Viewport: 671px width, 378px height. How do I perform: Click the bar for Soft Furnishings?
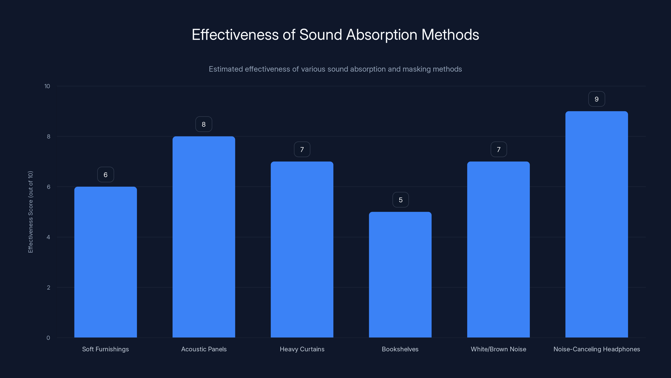tap(105, 262)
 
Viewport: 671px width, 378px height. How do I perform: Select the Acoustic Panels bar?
tap(204, 237)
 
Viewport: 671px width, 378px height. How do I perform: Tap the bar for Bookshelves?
tap(400, 275)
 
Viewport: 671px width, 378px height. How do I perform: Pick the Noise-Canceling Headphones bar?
tap(597, 224)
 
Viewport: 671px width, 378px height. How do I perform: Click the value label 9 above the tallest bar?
tap(597, 99)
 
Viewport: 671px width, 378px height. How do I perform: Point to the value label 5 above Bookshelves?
tap(401, 200)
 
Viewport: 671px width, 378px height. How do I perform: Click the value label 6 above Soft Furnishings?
tap(105, 175)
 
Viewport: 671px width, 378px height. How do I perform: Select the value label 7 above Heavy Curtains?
tap(302, 150)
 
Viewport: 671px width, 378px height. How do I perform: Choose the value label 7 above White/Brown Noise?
tap(499, 150)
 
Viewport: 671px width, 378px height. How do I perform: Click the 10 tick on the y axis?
tap(47, 86)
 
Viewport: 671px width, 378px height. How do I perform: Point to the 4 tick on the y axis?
tap(48, 237)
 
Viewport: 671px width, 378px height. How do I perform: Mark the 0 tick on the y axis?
tap(48, 338)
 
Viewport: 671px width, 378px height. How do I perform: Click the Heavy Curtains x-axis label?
tap(302, 349)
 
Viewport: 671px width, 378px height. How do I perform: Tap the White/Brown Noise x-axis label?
tap(498, 349)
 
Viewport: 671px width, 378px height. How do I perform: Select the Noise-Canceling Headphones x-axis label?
tap(597, 349)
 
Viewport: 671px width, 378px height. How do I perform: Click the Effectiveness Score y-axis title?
tap(30, 212)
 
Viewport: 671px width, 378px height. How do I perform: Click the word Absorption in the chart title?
tap(382, 35)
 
